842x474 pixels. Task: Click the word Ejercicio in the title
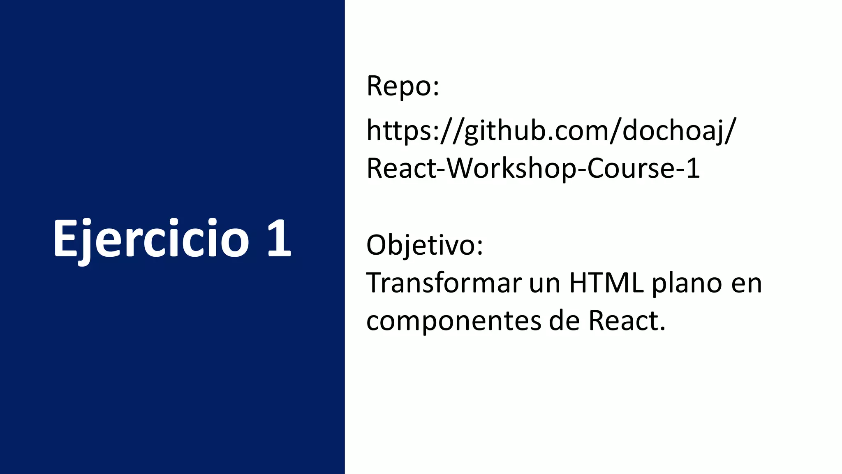(x=151, y=239)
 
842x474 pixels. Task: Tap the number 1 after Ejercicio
(x=279, y=239)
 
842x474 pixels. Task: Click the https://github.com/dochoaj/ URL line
(x=551, y=130)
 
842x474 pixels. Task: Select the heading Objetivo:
(x=425, y=245)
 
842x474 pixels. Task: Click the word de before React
(x=564, y=321)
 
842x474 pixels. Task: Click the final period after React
(x=662, y=330)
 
